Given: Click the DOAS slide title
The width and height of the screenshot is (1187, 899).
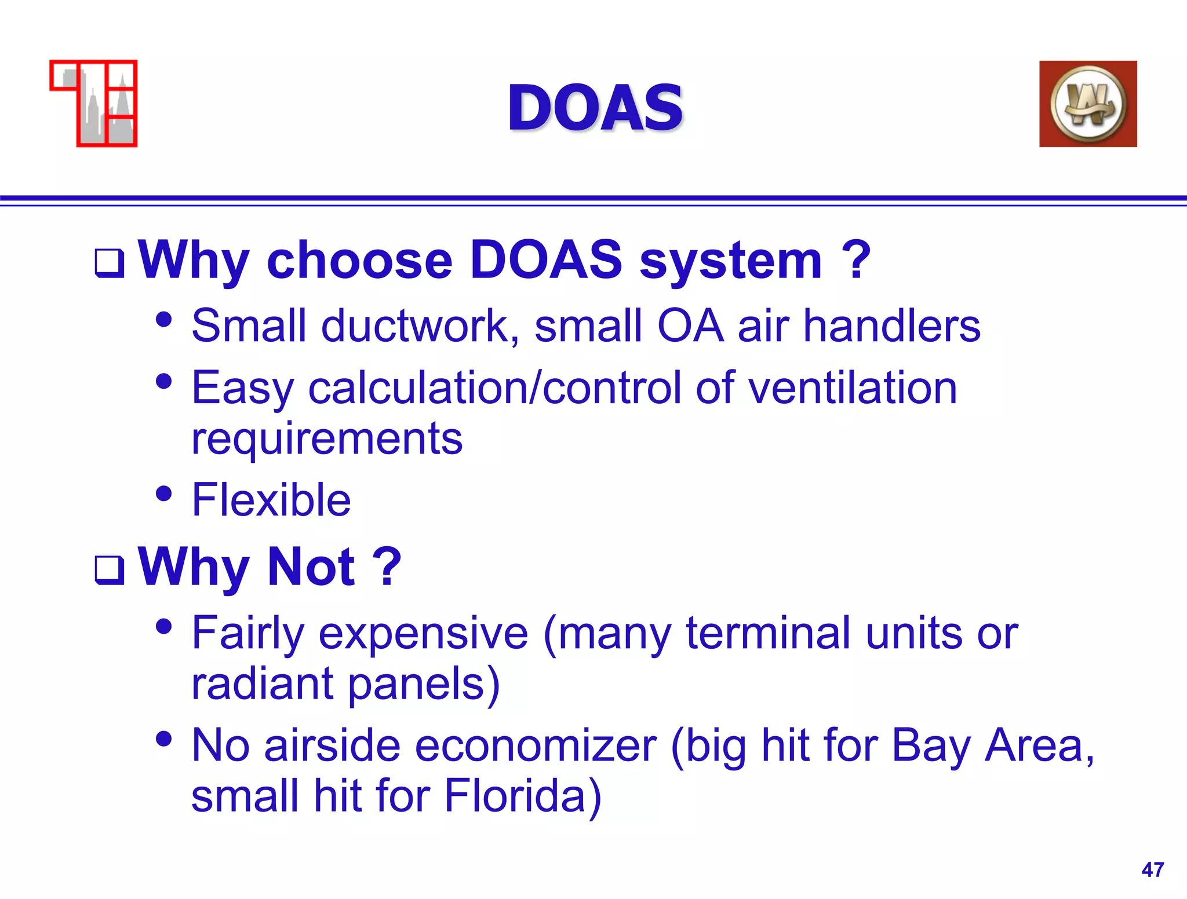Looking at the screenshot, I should pyautogui.click(x=595, y=108).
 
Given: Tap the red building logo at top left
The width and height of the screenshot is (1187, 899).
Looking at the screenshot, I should pyautogui.click(x=94, y=103).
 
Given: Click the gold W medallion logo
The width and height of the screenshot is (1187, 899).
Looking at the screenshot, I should pyautogui.click(x=1088, y=104).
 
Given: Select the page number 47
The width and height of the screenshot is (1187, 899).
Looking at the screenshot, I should pyautogui.click(x=1152, y=869).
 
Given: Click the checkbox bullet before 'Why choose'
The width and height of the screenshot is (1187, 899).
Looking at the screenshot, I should pyautogui.click(x=110, y=263).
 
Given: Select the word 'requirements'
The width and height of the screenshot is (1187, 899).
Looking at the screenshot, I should pyautogui.click(x=327, y=439).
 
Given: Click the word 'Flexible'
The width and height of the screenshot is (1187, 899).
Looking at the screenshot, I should pyautogui.click(x=271, y=499).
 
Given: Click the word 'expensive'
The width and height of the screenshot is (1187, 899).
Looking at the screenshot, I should pyautogui.click(x=423, y=634).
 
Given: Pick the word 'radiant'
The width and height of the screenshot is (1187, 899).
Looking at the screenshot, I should pyautogui.click(x=263, y=683).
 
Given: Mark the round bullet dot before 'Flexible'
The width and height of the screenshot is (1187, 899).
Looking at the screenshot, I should pyautogui.click(x=164, y=494).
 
